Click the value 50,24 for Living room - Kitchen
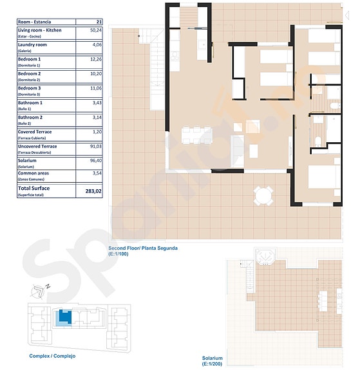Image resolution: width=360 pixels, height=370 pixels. (96, 30)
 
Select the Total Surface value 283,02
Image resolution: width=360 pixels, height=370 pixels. (93, 191)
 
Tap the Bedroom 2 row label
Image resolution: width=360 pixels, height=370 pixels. (30, 74)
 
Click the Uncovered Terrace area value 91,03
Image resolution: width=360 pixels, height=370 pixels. (96, 147)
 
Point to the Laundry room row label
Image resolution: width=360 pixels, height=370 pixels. (32, 45)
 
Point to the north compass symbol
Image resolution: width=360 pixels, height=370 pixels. (39, 291)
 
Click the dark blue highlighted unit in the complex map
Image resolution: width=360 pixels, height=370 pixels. (64, 317)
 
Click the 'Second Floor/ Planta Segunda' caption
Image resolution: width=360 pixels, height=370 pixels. (142, 248)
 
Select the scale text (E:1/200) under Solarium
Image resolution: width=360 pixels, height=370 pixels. (213, 364)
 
